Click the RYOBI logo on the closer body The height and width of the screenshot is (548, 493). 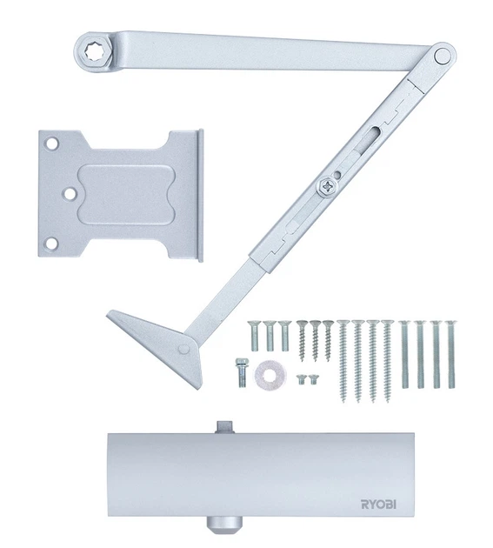[x=378, y=504]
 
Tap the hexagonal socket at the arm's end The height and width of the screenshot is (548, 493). [x=94, y=52]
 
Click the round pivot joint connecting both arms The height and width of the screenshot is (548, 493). [x=443, y=56]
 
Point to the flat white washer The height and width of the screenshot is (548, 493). [x=270, y=376]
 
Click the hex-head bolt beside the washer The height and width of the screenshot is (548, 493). [x=241, y=372]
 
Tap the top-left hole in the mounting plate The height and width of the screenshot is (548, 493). [x=52, y=143]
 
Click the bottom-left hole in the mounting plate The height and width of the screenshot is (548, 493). [x=51, y=244]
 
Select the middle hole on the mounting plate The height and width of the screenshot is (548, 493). [x=70, y=194]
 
